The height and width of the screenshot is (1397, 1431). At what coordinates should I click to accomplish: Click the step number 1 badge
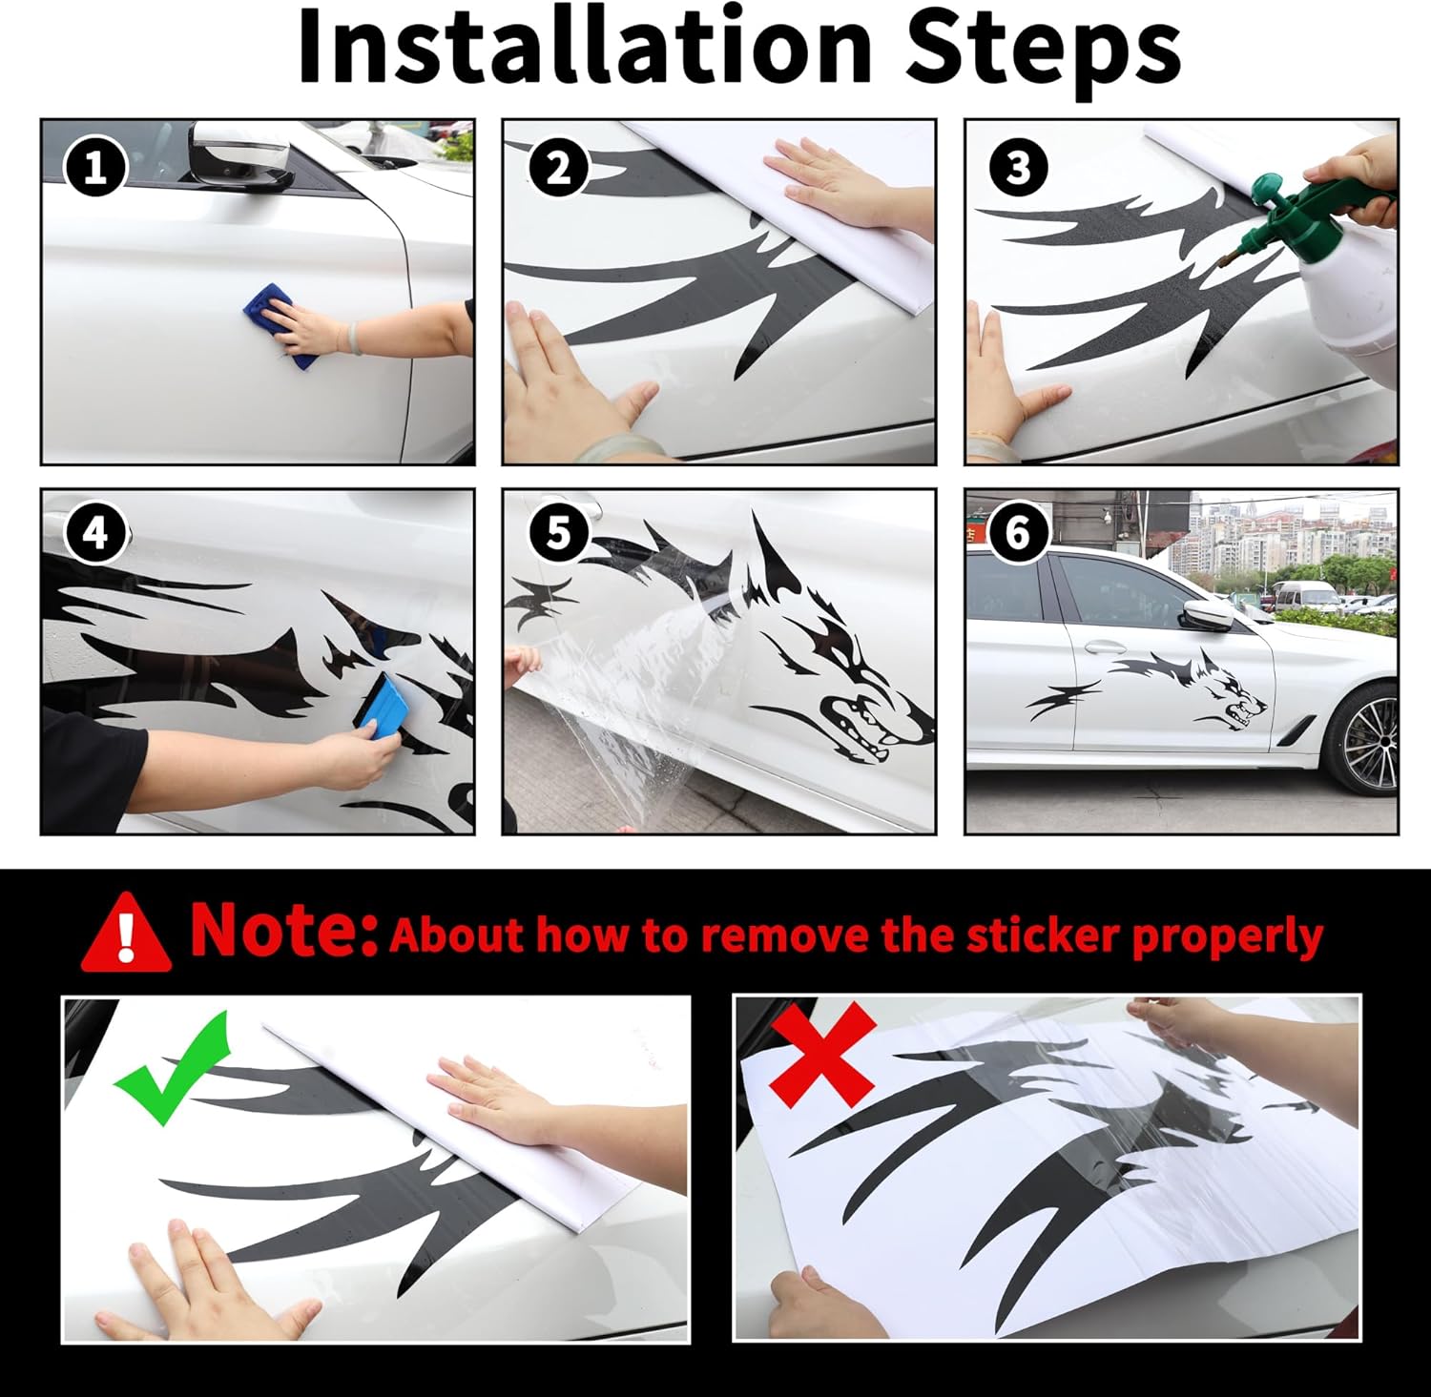pos(94,168)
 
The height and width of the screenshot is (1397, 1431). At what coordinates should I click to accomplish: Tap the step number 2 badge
pos(558,168)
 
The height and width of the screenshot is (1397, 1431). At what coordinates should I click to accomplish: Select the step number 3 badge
pos(1019,168)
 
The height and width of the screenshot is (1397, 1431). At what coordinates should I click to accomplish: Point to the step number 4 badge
pos(95,533)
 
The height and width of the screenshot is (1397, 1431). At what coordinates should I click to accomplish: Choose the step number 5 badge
pos(558,533)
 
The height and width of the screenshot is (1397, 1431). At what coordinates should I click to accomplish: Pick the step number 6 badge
pos(1019,533)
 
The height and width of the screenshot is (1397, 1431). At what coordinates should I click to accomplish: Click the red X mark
pos(822,1052)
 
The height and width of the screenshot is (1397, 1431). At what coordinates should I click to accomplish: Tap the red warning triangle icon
pos(126,932)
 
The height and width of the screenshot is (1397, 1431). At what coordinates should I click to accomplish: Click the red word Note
pos(284,929)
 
